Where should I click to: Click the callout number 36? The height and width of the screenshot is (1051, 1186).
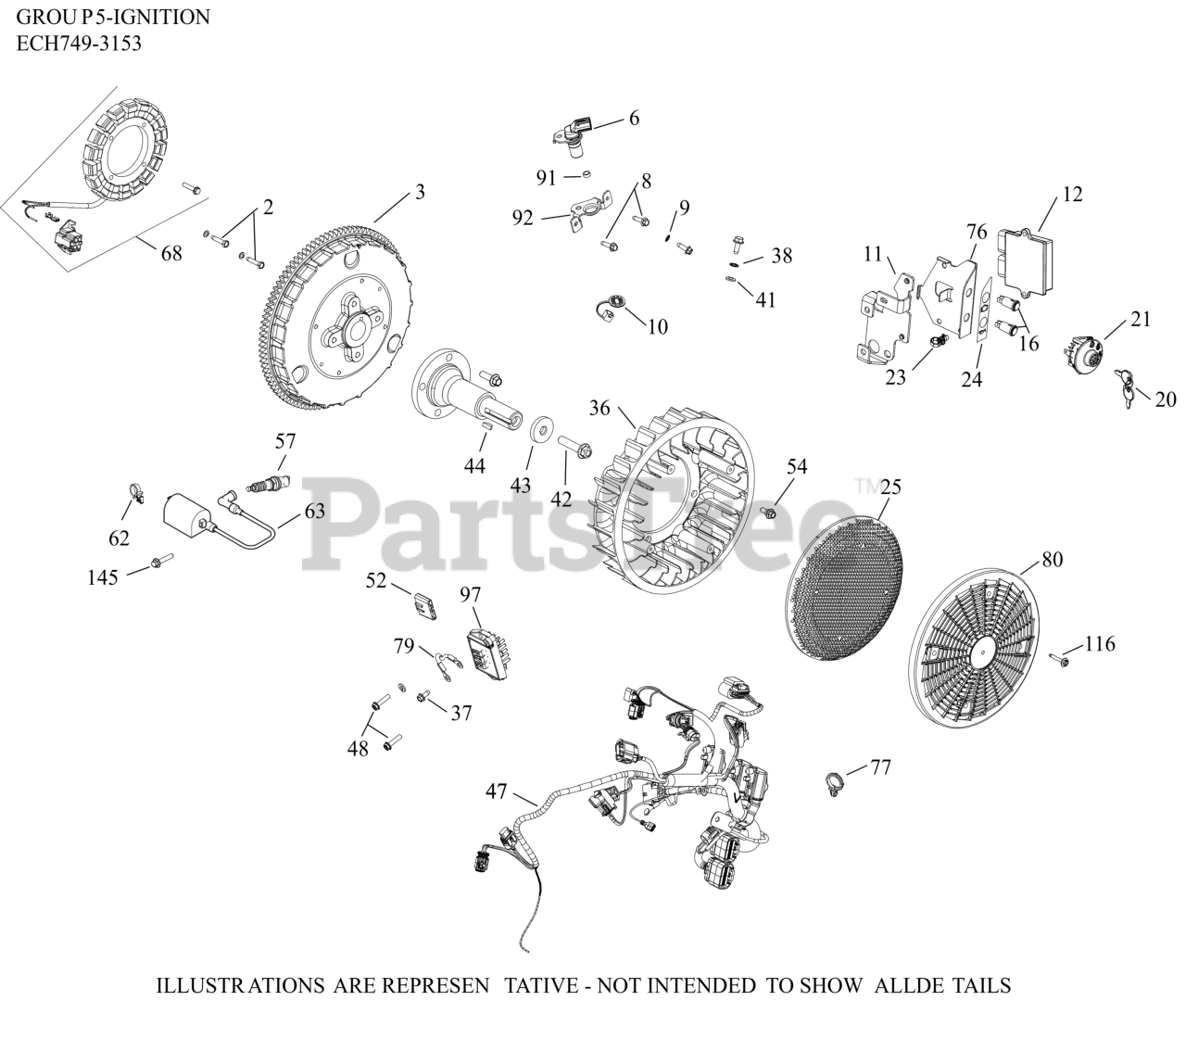[599, 408]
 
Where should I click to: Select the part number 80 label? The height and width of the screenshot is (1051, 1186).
[1052, 560]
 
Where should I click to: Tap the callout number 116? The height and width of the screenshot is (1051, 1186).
[1100, 643]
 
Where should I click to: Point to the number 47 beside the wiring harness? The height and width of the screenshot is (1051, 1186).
[497, 791]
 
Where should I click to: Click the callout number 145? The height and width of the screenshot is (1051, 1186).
[103, 577]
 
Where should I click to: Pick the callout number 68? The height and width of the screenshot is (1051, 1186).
[171, 252]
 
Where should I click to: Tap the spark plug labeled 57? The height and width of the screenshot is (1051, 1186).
[270, 483]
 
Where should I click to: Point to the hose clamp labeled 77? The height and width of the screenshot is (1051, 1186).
[835, 781]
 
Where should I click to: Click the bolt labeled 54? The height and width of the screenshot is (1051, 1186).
[768, 512]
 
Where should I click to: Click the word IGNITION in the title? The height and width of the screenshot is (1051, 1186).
[167, 17]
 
